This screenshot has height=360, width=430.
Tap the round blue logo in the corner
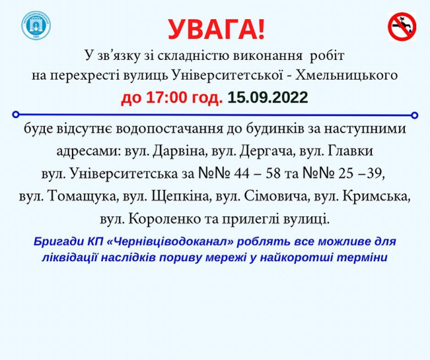tap(37, 26)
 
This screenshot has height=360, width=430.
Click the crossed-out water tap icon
tap(401, 27)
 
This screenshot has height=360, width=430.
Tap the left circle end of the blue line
tap(16, 113)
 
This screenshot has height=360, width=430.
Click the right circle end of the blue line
tap(415, 114)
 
